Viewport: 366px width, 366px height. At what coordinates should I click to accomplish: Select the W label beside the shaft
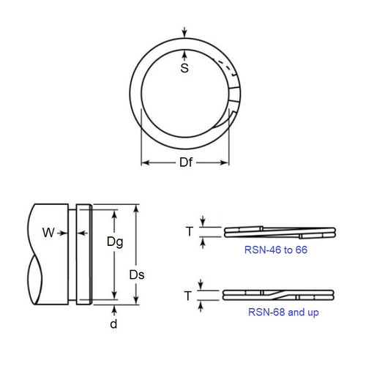click(48, 234)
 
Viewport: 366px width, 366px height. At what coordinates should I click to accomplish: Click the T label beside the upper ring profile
click(189, 231)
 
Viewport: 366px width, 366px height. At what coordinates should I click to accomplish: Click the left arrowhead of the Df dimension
click(144, 163)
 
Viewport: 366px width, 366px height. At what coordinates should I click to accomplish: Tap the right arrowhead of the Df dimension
click(228, 163)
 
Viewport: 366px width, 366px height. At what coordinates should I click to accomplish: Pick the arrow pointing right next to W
click(64, 234)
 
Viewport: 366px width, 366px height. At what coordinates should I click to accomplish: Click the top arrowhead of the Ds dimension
click(136, 209)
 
